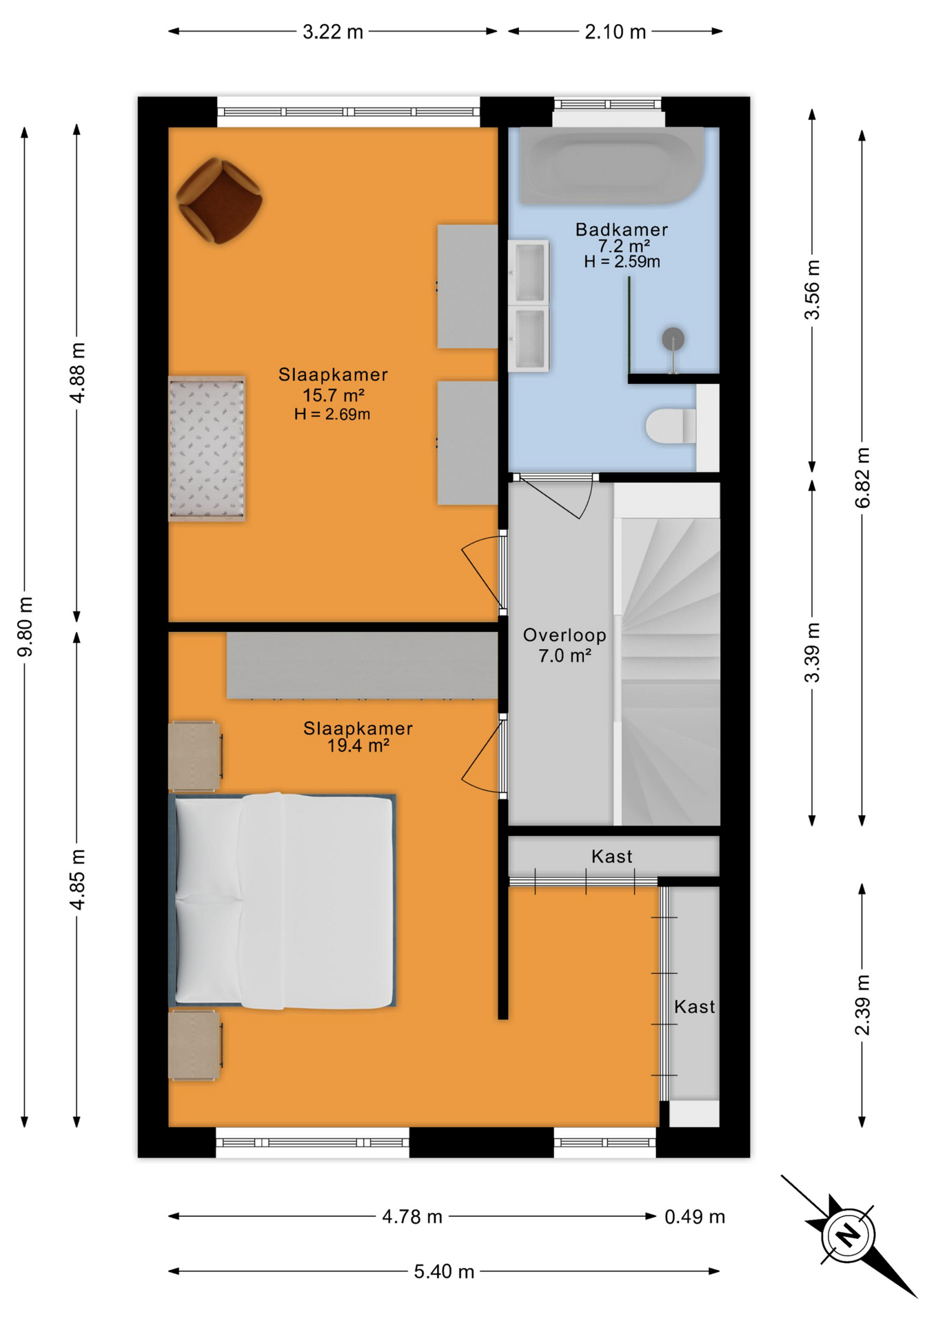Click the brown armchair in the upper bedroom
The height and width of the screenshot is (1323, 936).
coord(219,201)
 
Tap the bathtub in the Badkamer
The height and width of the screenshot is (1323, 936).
coord(612,165)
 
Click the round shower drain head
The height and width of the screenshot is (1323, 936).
coord(673,339)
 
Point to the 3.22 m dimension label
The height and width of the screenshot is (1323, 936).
coord(333,32)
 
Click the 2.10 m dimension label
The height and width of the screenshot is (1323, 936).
coord(615,32)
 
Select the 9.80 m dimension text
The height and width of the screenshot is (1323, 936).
coord(25,626)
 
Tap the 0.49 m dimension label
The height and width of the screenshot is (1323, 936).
coord(695,1217)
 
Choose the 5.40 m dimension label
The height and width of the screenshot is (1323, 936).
coord(444,1271)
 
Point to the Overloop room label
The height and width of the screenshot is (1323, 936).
coord(564,635)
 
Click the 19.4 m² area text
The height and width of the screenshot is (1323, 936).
coord(358,746)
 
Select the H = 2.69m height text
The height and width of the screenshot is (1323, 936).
coord(332,414)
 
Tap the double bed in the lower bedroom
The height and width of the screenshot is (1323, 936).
coord(283,901)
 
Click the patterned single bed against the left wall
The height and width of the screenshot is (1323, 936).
coord(207,448)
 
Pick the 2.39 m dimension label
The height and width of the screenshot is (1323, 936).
coord(862,1005)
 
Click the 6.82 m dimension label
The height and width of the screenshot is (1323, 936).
coord(862,478)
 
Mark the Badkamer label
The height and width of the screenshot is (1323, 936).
coord(622,229)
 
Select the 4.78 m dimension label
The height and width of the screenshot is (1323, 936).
coord(412,1217)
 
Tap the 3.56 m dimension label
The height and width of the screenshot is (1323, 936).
coord(813,289)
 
